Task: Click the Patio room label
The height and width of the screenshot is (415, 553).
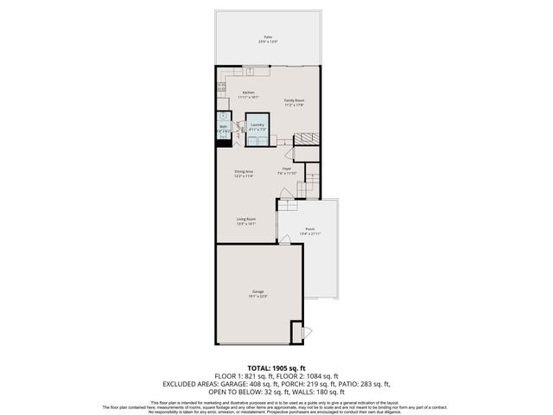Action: pos(267,37)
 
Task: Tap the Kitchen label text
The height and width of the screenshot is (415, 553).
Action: pos(248,92)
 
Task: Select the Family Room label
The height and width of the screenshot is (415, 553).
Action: pos(296,100)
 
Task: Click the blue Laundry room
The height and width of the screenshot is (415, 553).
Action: pos(257,127)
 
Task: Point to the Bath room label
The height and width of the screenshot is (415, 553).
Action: pos(223,126)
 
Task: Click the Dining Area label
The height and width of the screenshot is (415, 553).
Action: pos(244,171)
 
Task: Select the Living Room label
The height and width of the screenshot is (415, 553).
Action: pos(246,219)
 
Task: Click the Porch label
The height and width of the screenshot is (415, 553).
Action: pos(309,229)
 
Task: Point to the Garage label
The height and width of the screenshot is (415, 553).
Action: pos(257,292)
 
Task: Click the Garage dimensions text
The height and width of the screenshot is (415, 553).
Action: pos(257,297)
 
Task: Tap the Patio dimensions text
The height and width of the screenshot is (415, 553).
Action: pos(267,42)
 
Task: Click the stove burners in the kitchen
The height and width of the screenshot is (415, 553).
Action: pos(221,86)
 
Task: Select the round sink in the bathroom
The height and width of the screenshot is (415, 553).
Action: pos(222,114)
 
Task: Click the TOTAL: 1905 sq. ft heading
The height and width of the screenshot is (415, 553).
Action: pos(276,368)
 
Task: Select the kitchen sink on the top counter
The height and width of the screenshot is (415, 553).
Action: pos(249,72)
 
